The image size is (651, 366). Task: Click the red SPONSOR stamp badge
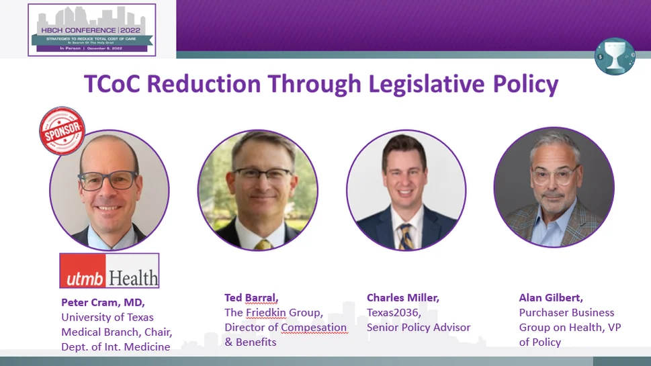tap(62, 130)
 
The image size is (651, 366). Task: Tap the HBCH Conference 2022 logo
tap(92, 30)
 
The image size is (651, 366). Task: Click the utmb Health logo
tap(110, 271)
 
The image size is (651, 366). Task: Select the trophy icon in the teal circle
tap(615, 56)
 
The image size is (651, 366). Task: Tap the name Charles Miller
tap(403, 297)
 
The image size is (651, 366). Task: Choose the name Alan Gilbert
tap(551, 297)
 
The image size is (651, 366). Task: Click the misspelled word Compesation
tap(314, 327)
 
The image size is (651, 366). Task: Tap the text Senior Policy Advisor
tap(419, 327)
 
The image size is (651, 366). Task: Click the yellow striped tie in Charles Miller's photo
tap(406, 235)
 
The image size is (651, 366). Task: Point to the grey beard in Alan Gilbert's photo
tap(554, 201)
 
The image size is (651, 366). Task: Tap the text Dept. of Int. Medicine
tap(115, 347)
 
